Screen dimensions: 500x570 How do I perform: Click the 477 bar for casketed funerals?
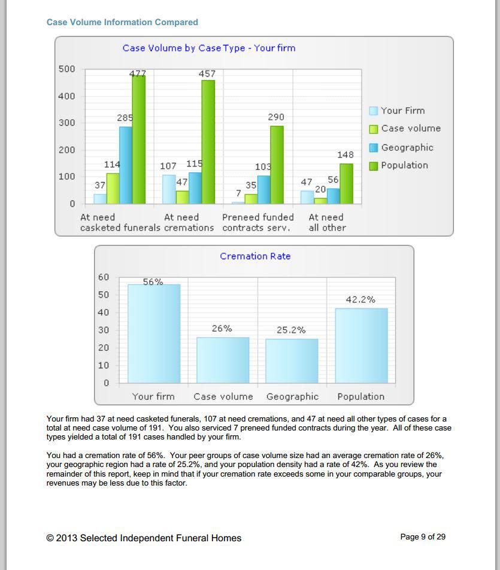[138, 140]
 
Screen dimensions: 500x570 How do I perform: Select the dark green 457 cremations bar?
[208, 142]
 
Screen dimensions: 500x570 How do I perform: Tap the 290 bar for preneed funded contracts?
[277, 165]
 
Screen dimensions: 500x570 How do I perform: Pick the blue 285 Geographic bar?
[126, 165]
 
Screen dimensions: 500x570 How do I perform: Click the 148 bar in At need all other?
[346, 184]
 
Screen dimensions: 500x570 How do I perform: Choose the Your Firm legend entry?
[397, 111]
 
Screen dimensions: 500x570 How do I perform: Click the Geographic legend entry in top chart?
[401, 147]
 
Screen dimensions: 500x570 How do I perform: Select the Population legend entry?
[399, 165]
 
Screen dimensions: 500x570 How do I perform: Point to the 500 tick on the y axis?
[66, 69]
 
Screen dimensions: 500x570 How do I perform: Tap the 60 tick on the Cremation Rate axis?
[104, 277]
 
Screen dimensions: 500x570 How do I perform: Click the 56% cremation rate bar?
[154, 333]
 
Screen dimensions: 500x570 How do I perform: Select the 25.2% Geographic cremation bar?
[292, 360]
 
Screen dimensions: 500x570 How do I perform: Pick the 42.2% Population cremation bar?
[362, 345]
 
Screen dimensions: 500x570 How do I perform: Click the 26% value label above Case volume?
[222, 329]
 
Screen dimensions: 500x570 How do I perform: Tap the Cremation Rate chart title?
[255, 256]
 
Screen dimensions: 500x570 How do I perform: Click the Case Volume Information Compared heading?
[122, 22]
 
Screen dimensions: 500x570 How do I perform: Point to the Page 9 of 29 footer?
[423, 537]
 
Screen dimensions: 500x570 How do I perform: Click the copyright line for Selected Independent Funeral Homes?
[144, 538]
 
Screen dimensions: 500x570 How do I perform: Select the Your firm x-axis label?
[153, 396]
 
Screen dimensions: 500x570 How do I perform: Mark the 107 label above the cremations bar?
[168, 166]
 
